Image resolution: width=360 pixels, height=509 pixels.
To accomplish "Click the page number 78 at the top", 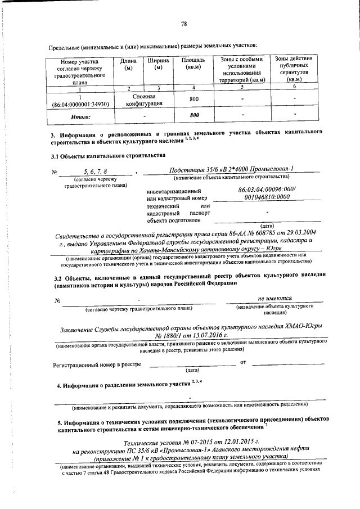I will click(184, 24).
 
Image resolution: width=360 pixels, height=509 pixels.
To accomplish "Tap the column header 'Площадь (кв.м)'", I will click(193, 64).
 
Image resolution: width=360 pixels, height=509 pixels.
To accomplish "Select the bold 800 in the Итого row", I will click(195, 115).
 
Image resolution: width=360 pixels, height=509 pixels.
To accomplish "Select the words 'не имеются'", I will click(274, 299).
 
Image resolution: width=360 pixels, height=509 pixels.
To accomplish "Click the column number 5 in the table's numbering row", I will click(241, 87).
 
